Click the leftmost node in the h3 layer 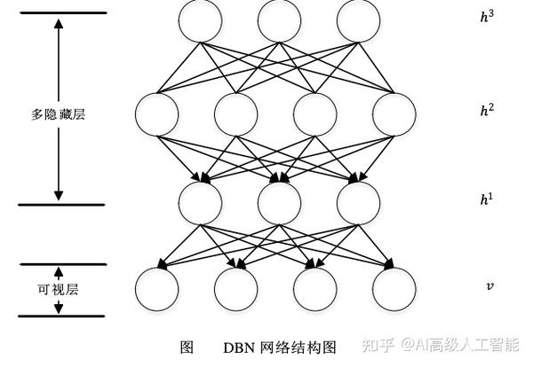click(200, 20)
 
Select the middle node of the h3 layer click(279, 20)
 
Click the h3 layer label click(487, 16)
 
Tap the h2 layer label click(487, 110)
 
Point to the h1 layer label click(487, 199)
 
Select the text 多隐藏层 click(60, 113)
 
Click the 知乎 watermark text click(379, 343)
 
